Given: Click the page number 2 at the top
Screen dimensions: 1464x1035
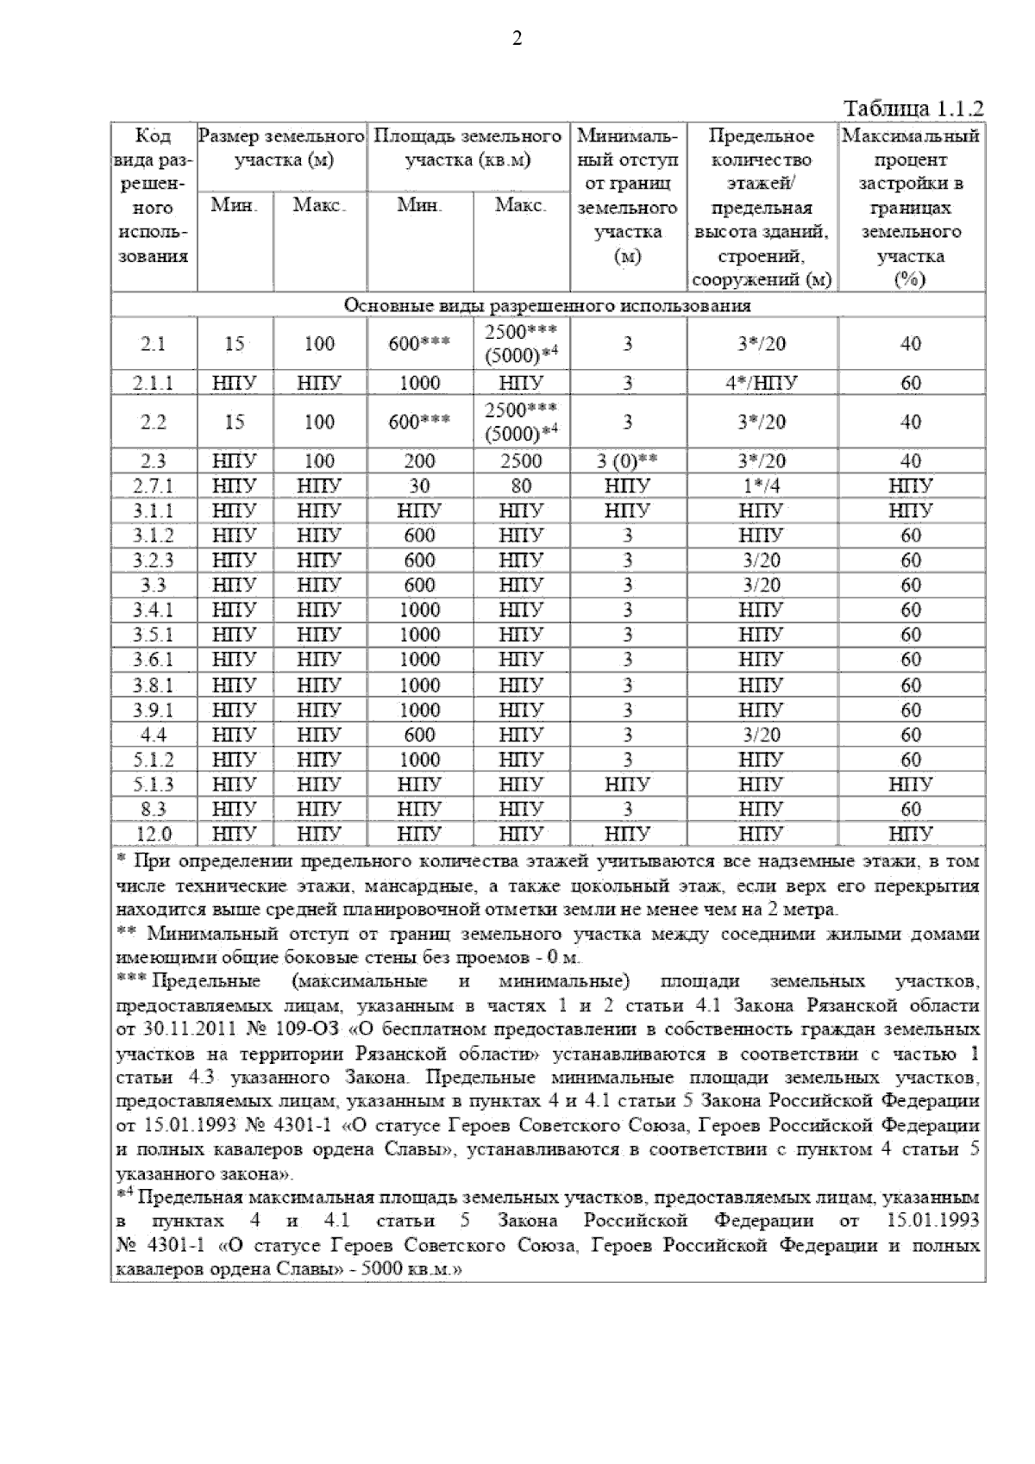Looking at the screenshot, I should [517, 39].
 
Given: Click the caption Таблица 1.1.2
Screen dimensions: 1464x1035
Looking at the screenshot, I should [913, 109].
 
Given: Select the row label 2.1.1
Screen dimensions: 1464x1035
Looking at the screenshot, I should [154, 383].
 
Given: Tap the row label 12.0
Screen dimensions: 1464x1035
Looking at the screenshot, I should [154, 834].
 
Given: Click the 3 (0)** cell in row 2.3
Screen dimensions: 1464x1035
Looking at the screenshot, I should [628, 460].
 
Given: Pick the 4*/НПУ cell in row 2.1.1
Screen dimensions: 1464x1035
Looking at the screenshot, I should [762, 383].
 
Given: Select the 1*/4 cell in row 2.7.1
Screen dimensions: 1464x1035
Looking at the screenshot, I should [762, 485].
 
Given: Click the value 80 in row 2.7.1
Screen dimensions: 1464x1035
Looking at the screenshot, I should [521, 485].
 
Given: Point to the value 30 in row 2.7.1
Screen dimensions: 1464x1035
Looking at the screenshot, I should [419, 485].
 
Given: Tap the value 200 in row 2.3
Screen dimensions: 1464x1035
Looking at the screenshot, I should [419, 460].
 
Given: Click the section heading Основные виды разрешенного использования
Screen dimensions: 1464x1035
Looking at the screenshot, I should [548, 306].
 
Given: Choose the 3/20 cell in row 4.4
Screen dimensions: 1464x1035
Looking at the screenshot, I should [762, 735].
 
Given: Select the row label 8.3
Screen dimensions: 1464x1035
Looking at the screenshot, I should [154, 809].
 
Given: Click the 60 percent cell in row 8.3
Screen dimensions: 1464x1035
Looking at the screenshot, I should [911, 809].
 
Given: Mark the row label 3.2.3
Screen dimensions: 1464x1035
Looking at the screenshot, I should [154, 560].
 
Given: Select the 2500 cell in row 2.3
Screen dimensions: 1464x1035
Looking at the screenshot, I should [521, 460].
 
